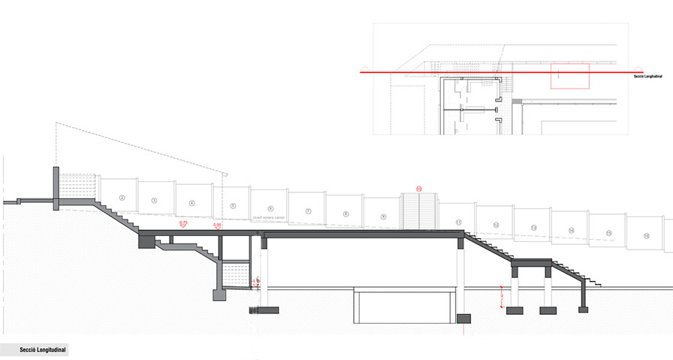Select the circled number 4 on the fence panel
pyautogui.click(x=191, y=203)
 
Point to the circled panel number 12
pyautogui.click(x=496, y=225)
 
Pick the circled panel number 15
pyautogui.click(x=645, y=237)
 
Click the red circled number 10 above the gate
pyautogui.click(x=419, y=189)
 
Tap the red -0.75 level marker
pyautogui.click(x=182, y=224)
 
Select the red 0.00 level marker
pyautogui.click(x=217, y=225)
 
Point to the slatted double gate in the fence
pyautogui.click(x=419, y=210)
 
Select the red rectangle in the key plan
pyautogui.click(x=569, y=77)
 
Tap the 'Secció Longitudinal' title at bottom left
pyautogui.click(x=34, y=350)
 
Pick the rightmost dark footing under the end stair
pyautogui.click(x=582, y=307)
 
